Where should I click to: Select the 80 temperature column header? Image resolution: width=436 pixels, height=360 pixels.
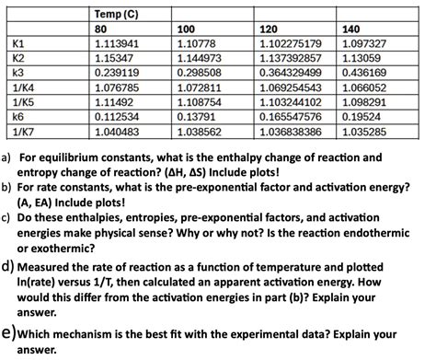tap(102, 29)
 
